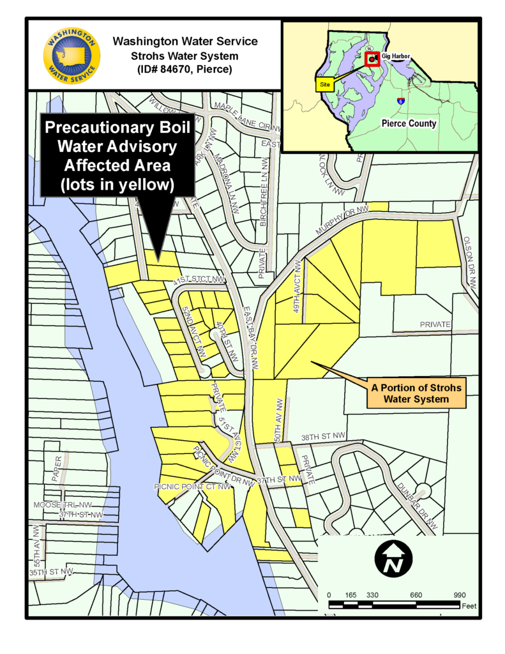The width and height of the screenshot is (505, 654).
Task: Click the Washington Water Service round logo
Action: (x=72, y=56)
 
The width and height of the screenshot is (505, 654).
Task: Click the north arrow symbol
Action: (x=392, y=558)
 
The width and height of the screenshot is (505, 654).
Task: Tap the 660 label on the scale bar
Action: (x=416, y=595)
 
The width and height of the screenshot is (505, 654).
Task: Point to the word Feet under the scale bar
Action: (x=469, y=606)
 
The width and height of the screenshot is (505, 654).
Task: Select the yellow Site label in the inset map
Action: (x=325, y=83)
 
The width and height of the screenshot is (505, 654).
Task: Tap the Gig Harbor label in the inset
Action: (x=396, y=57)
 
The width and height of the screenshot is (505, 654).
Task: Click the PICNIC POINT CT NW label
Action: (x=192, y=487)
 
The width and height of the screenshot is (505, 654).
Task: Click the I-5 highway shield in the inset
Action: (x=400, y=101)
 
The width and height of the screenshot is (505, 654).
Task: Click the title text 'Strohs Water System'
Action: (x=185, y=56)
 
